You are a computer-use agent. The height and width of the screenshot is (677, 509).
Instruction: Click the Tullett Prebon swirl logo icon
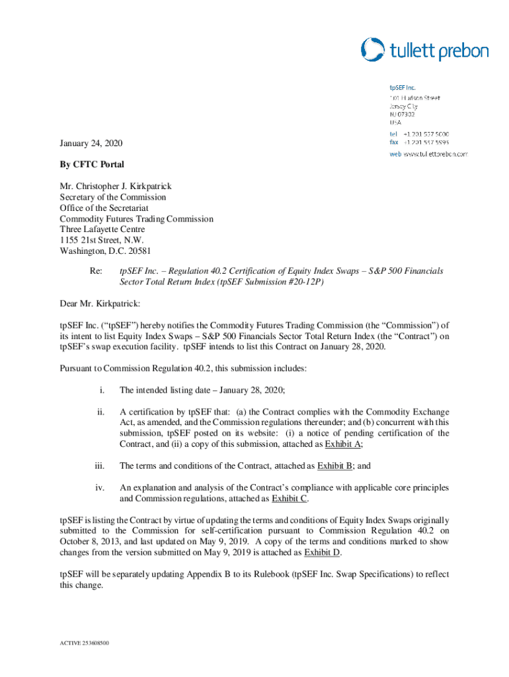click(x=373, y=50)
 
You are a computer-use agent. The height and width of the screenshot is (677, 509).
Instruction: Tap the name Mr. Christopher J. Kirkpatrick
click(x=116, y=186)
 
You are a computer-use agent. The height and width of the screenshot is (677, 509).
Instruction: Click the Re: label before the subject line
click(x=97, y=271)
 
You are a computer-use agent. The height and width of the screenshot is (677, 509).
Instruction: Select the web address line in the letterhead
click(x=428, y=153)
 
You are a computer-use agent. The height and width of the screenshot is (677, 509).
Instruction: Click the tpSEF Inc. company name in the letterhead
click(x=402, y=87)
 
